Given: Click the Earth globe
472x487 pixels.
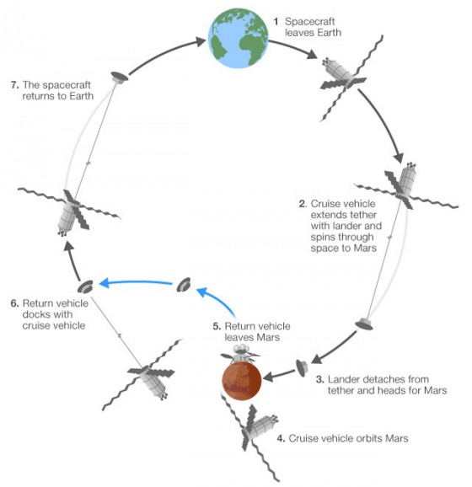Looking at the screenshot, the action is click(x=239, y=38).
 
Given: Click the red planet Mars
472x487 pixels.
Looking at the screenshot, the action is click(x=242, y=382).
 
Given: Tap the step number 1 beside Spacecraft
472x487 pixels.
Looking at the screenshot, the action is click(x=276, y=22).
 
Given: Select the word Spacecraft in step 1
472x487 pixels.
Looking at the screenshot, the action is click(x=310, y=22).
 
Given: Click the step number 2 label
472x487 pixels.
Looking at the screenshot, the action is click(x=303, y=204).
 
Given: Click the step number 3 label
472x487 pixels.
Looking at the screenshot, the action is click(x=320, y=379).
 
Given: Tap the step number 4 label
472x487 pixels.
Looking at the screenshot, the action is click(x=281, y=438).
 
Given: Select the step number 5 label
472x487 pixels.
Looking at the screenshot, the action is click(x=217, y=326).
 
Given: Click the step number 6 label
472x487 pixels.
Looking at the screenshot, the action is click(x=14, y=303).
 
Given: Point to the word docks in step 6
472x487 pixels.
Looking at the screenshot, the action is click(x=35, y=314).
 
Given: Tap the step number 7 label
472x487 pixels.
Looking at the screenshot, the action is click(x=14, y=85).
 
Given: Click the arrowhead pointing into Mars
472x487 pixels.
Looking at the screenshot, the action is click(x=268, y=377).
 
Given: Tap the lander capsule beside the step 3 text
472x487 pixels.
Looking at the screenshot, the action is click(x=302, y=368).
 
